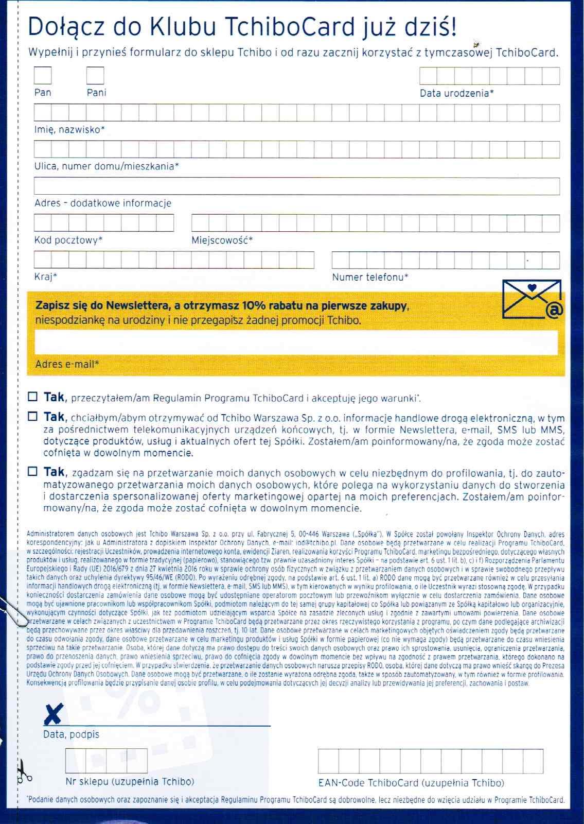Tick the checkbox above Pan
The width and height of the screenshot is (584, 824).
click(x=43, y=76)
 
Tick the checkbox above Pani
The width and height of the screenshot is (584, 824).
click(x=95, y=76)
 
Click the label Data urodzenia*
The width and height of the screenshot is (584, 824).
click(x=456, y=93)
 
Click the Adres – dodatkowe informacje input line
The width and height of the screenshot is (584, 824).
click(x=296, y=186)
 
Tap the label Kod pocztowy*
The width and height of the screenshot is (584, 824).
click(x=68, y=240)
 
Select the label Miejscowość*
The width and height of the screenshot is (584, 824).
click(x=222, y=240)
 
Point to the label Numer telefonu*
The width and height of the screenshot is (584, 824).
click(x=370, y=277)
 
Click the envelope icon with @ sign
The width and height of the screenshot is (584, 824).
click(x=533, y=299)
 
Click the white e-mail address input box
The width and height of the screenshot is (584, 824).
click(x=296, y=342)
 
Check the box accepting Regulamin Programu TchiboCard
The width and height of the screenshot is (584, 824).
click(x=33, y=397)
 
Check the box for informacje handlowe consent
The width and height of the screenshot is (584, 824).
click(x=33, y=416)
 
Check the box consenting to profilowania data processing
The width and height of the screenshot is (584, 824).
click(x=33, y=471)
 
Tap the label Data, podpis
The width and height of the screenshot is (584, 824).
click(x=71, y=734)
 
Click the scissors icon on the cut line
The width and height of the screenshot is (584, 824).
click(x=23, y=772)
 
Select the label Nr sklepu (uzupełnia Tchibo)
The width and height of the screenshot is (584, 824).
click(x=130, y=782)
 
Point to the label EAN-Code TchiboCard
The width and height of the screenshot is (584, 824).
click(x=411, y=783)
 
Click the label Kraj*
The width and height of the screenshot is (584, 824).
click(x=45, y=277)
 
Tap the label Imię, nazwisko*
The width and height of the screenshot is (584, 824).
click(x=69, y=129)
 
